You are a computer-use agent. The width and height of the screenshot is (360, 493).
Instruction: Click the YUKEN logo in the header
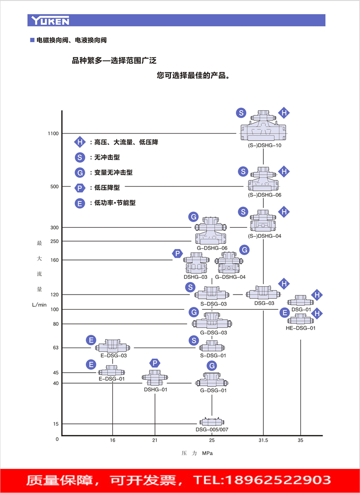(x=50, y=20)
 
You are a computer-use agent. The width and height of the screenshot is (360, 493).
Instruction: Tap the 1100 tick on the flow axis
(x=53, y=134)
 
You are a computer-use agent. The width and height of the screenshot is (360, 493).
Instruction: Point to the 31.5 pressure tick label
(x=263, y=440)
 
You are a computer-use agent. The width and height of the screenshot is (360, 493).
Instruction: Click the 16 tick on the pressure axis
(x=112, y=440)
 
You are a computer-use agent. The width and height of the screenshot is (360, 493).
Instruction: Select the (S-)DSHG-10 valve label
(x=264, y=145)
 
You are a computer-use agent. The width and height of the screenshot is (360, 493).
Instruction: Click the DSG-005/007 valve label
(x=212, y=430)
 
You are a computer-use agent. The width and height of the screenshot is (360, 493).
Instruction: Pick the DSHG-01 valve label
(x=155, y=389)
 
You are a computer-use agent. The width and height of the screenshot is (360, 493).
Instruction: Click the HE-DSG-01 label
(x=300, y=328)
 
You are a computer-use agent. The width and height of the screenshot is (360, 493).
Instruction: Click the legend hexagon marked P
(x=80, y=188)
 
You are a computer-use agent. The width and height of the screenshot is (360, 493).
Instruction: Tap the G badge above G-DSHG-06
(x=193, y=217)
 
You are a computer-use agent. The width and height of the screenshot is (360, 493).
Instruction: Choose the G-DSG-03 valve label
(x=212, y=332)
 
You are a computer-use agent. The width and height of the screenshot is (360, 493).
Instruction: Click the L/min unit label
(x=39, y=305)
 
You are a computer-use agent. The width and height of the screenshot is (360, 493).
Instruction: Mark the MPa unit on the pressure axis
(x=207, y=453)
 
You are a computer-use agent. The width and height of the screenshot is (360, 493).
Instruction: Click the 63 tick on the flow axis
(x=55, y=348)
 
